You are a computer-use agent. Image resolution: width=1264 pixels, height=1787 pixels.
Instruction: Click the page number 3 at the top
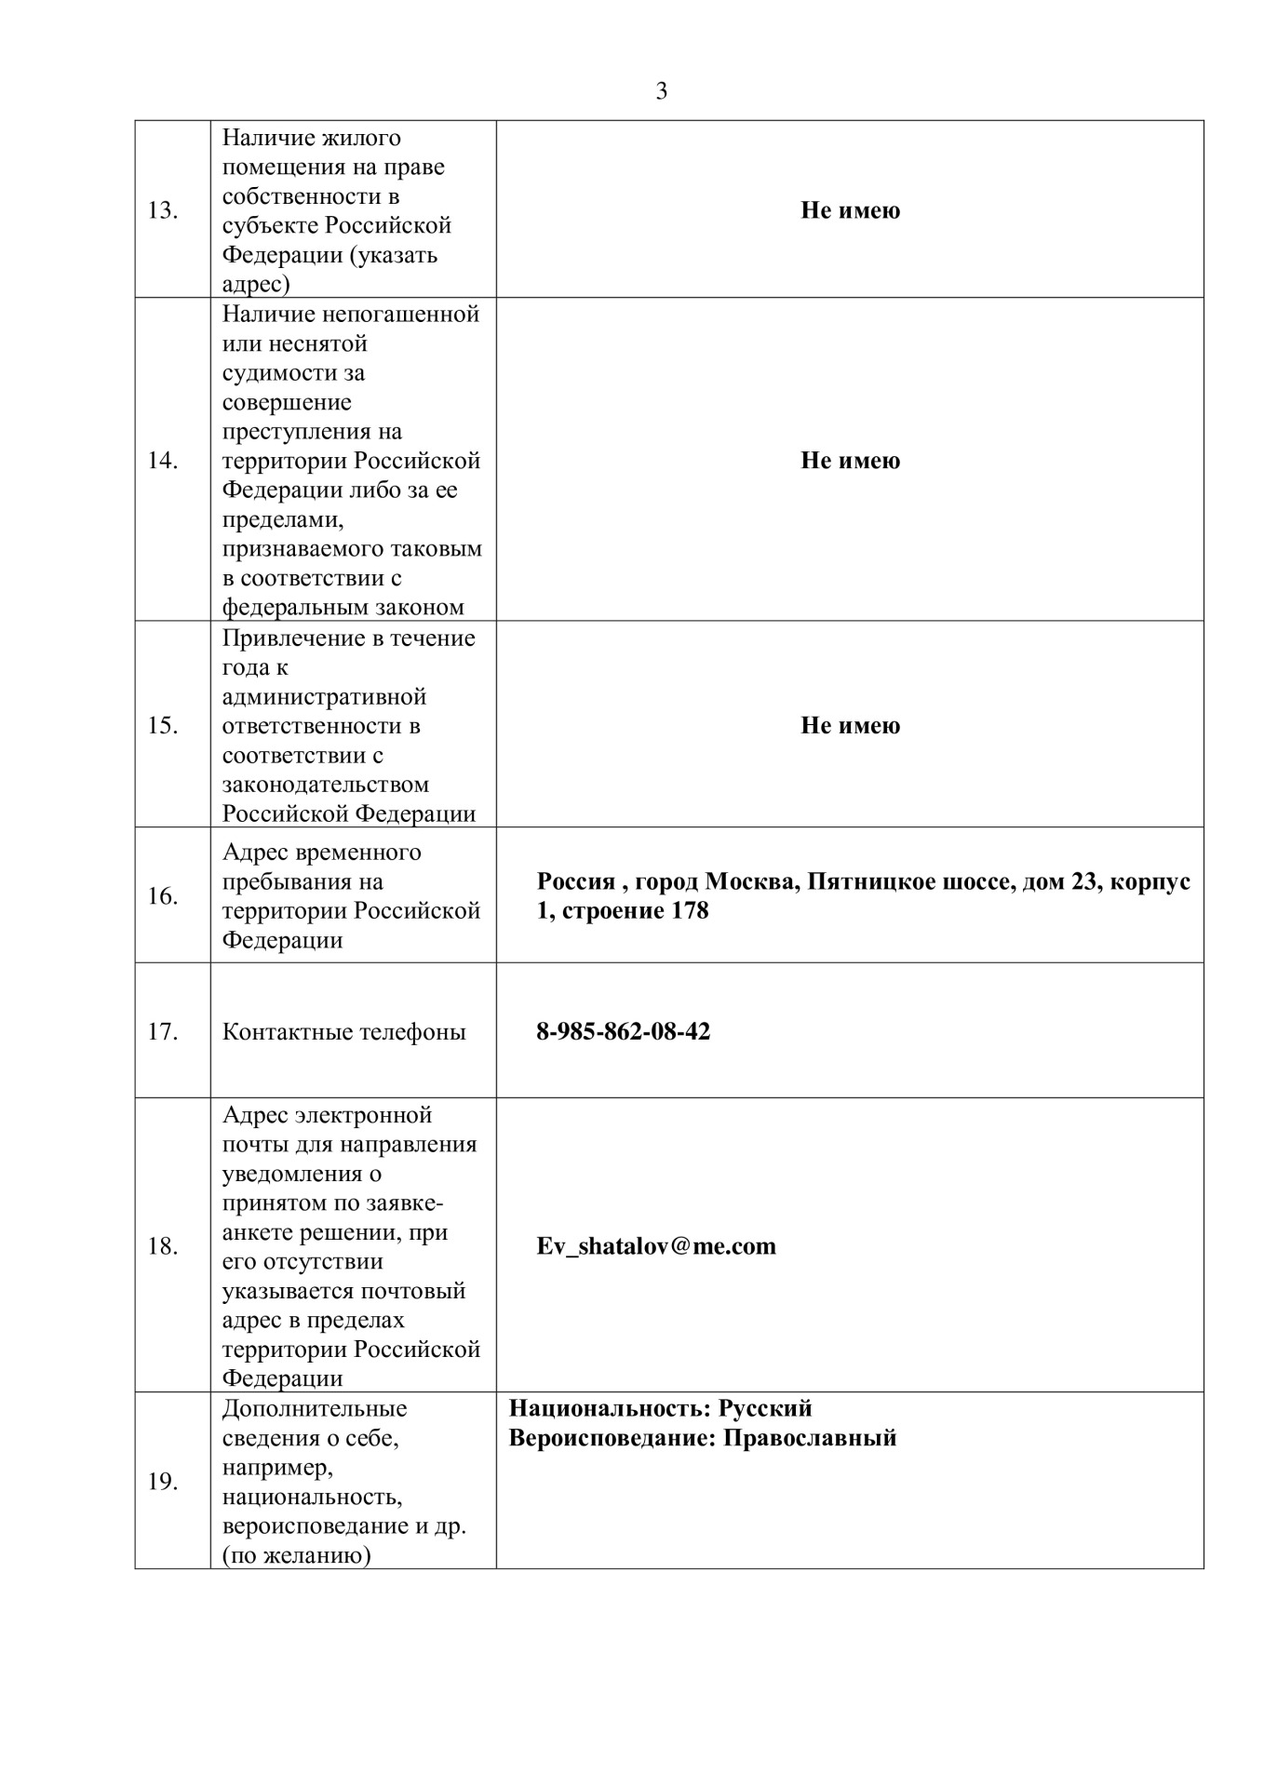pos(662,91)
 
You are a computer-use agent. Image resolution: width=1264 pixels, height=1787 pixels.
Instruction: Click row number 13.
pos(163,210)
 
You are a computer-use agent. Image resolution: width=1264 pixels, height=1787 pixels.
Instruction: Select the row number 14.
pos(163,461)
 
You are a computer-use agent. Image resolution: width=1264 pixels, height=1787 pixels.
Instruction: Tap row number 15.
pos(163,725)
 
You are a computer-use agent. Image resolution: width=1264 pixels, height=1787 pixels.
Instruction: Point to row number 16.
pos(163,896)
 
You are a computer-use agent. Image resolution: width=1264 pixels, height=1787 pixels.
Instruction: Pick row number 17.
pos(163,1032)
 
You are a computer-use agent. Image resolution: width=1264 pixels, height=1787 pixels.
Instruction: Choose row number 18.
pos(163,1246)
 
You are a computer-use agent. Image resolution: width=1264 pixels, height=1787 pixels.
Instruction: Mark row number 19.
pos(163,1482)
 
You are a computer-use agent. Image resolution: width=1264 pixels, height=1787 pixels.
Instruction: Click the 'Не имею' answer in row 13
pos(850,210)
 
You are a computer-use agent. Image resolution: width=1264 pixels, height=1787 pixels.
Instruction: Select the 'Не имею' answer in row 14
pos(850,461)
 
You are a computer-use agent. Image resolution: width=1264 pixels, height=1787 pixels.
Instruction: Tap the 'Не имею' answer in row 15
pos(850,725)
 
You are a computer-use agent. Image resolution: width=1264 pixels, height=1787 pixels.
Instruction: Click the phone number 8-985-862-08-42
pos(623,1031)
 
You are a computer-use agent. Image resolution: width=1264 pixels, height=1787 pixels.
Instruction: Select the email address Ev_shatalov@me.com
pos(656,1246)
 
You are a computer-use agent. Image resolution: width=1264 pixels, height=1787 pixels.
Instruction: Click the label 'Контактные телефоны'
pos(343,1032)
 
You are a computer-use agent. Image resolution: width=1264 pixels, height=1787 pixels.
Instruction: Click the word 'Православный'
pos(810,1438)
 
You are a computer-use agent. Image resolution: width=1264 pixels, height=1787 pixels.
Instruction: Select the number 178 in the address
pos(690,910)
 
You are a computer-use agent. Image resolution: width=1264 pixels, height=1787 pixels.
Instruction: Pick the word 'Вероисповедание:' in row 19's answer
pos(612,1438)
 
